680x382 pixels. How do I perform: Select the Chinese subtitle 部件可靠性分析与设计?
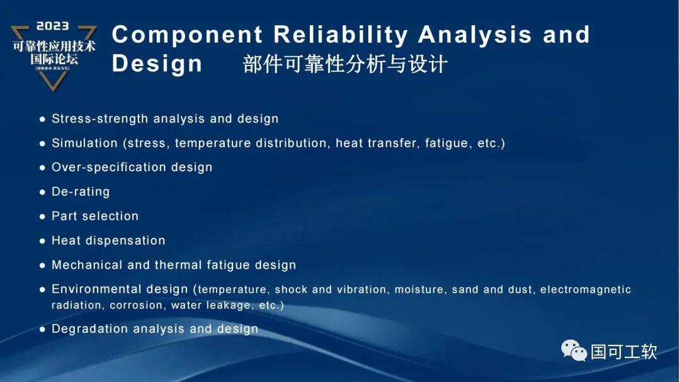coord(345,64)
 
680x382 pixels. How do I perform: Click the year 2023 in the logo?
coord(53,26)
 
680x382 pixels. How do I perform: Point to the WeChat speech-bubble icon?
coord(574,350)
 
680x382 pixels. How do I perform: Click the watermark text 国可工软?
coord(623,351)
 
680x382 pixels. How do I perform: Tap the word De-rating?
coord(81,191)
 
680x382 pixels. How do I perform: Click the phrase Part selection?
coord(95,216)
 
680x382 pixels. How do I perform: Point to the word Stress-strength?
coord(100,118)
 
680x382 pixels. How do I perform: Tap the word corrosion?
coord(135,305)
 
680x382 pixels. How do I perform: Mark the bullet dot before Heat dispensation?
coord(43,241)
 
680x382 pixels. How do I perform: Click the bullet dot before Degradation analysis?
coord(43,329)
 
